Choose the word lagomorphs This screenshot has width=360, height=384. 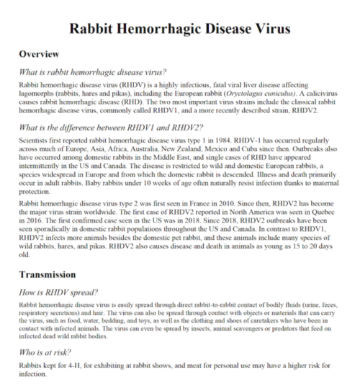(35, 95)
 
